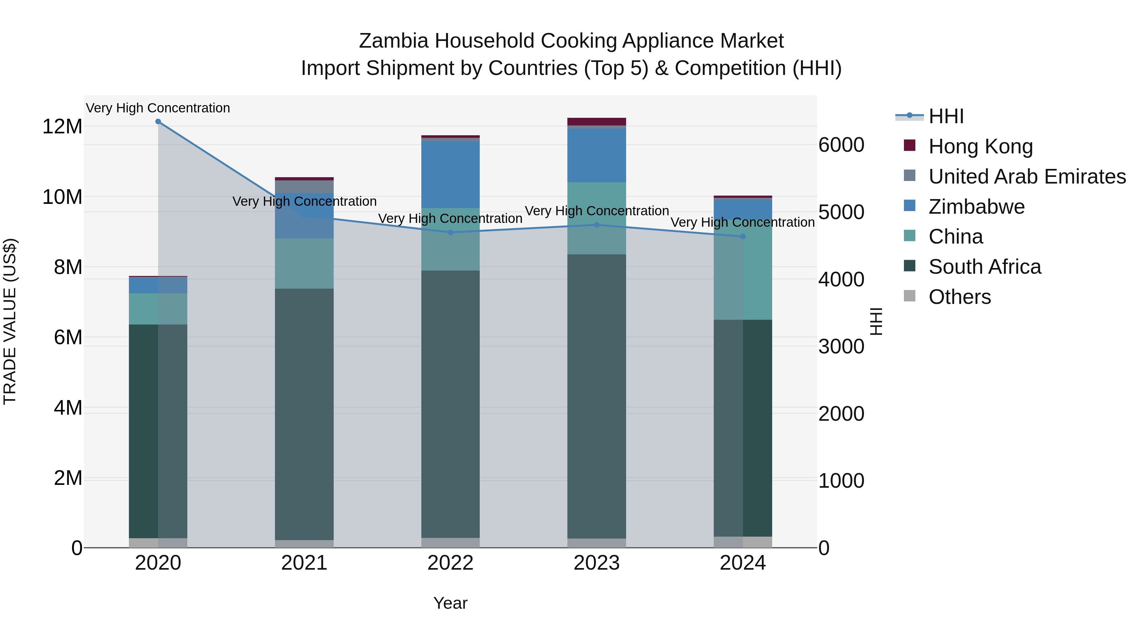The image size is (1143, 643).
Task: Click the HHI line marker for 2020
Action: (x=158, y=122)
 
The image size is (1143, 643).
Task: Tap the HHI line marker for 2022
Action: (x=450, y=232)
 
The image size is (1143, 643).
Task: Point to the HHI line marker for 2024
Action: (x=743, y=237)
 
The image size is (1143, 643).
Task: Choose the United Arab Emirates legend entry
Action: (x=1027, y=177)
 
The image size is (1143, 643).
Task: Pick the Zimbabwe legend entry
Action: (x=976, y=207)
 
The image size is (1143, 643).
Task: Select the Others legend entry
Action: (x=959, y=297)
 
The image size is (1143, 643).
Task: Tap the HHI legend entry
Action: (x=946, y=116)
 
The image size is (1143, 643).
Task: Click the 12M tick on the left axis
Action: (x=62, y=126)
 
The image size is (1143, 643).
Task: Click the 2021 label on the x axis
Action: (x=304, y=563)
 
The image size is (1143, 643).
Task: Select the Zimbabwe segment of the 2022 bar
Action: (x=450, y=174)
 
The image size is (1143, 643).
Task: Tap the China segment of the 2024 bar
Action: (x=743, y=275)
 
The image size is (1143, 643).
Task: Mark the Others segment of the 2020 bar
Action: (x=158, y=543)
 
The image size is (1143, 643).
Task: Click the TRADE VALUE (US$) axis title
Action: (x=10, y=321)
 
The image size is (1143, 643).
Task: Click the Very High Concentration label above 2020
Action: (x=158, y=108)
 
